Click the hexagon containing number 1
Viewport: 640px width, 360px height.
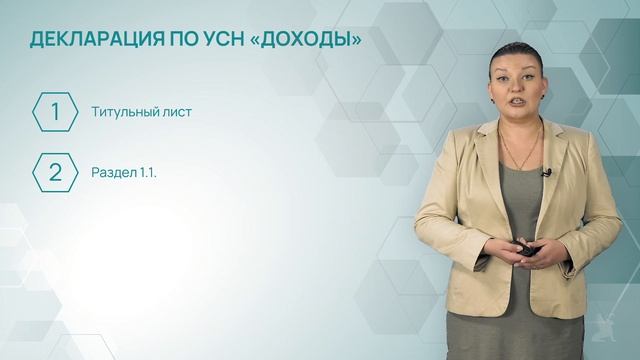[x=56, y=112]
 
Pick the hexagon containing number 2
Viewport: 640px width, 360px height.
[x=56, y=172]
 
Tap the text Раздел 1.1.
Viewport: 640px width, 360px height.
[x=124, y=172]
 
